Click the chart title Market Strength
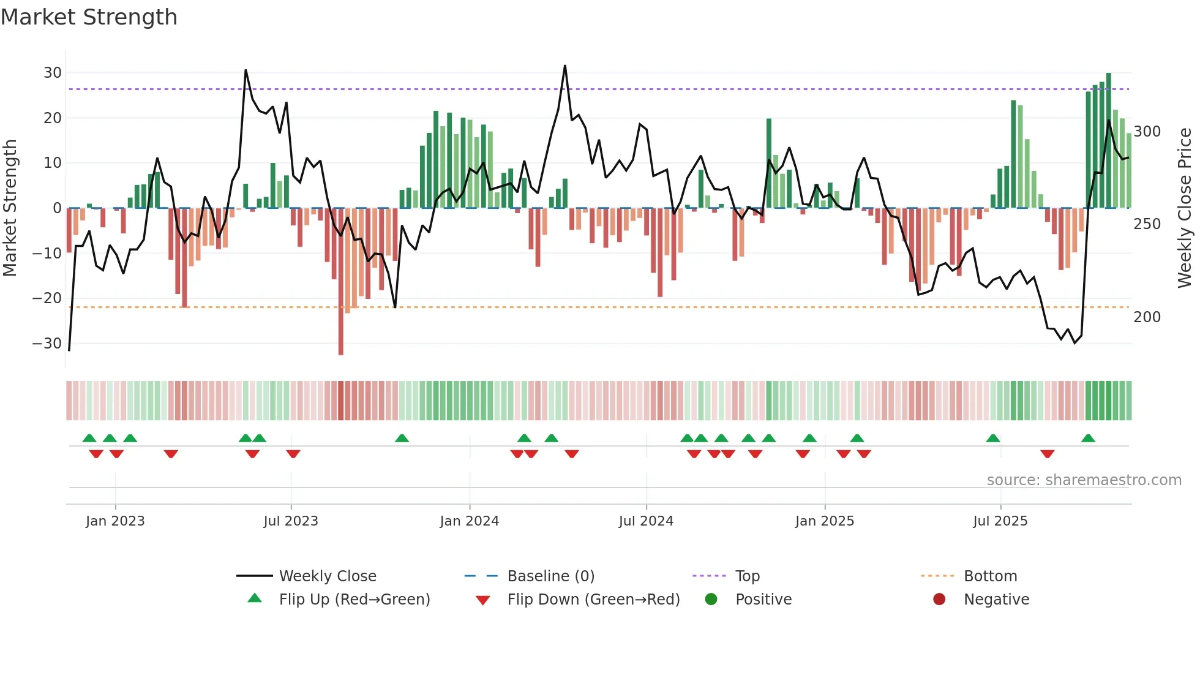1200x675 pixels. [x=89, y=17]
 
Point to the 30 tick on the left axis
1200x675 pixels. [x=53, y=73]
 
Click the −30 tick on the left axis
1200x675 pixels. [x=48, y=344]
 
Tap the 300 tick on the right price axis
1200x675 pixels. [x=1147, y=132]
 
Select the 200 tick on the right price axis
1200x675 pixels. [x=1147, y=317]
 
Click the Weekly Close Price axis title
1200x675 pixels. [x=1185, y=208]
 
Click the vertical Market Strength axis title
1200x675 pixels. [x=10, y=208]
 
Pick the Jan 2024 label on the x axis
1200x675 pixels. [x=469, y=521]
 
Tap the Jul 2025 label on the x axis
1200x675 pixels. [x=1000, y=521]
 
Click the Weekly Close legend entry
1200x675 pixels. [x=327, y=576]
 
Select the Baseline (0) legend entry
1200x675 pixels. [x=550, y=576]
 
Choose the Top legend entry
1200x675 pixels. [x=747, y=576]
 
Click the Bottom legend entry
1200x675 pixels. [x=990, y=576]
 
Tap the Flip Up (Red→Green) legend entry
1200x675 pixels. [x=354, y=600]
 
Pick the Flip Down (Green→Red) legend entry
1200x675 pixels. [x=593, y=600]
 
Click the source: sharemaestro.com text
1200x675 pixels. [x=1084, y=480]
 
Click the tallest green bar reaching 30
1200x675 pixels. [x=1109, y=141]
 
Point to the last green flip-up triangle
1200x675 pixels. [x=1088, y=439]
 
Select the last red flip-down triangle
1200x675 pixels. [x=1047, y=454]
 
